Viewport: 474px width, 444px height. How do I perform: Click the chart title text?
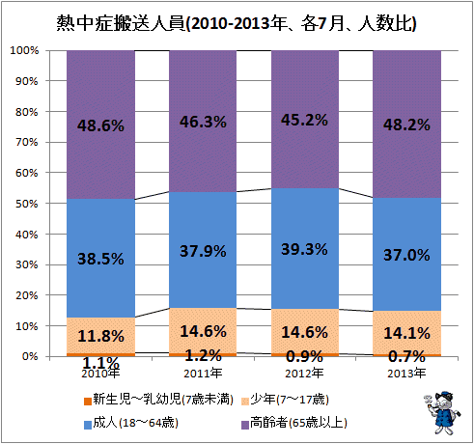click(x=237, y=23)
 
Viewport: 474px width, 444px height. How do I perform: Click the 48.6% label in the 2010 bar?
click(x=100, y=125)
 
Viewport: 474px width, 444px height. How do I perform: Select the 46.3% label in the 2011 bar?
click(x=203, y=122)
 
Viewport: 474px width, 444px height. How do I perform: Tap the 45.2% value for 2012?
click(x=304, y=120)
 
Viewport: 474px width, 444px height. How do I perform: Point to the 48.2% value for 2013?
click(x=406, y=125)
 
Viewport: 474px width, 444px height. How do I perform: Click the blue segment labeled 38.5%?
click(x=100, y=258)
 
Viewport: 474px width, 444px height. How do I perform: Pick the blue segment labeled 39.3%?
click(x=305, y=248)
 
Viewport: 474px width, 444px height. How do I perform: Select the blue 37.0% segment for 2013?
click(x=406, y=254)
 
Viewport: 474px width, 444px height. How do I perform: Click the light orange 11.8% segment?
click(x=100, y=335)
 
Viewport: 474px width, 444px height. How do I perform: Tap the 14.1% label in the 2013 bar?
click(x=406, y=333)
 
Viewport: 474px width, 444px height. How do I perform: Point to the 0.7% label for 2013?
click(x=406, y=356)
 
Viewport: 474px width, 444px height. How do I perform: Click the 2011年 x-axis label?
click(x=203, y=374)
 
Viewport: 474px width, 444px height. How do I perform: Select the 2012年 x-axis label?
click(x=304, y=374)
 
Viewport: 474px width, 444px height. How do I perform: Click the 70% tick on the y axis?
click(x=27, y=142)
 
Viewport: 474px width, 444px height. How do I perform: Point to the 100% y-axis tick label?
click(x=24, y=50)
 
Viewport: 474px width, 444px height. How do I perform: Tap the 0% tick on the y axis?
click(x=30, y=356)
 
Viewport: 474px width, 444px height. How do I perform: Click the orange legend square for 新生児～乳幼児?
click(x=88, y=402)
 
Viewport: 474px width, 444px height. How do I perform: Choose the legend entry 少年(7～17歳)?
click(x=286, y=400)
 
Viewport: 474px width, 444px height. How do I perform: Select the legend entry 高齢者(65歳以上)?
click(x=294, y=423)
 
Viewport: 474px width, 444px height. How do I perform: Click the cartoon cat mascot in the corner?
click(x=442, y=412)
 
